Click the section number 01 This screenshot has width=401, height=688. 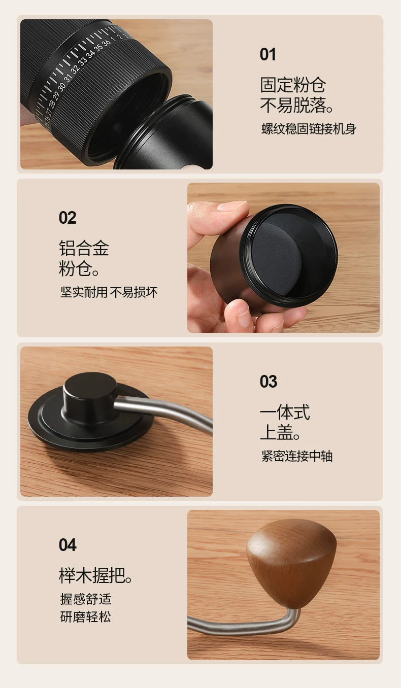pos(268,54)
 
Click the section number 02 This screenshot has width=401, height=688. pos(68,218)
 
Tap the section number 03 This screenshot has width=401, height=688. pos(268,381)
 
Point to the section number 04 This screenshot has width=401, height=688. pos(68,545)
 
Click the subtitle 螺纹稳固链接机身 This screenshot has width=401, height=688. pos(309,129)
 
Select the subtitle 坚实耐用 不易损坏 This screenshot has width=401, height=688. pos(109,292)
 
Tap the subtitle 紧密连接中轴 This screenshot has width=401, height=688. pos(297,456)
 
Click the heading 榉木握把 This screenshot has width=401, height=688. pos(95,575)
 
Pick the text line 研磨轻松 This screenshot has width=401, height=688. pos(85,617)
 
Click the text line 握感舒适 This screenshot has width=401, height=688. pos(85,599)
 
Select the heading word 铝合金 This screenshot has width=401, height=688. pos(84,248)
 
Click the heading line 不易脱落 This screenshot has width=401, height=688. pos(296,105)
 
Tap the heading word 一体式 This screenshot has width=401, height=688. pos(285,411)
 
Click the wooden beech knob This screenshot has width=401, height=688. pos(291,562)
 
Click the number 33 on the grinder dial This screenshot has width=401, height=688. pos(82,62)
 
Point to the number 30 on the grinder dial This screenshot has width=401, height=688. pos(61,87)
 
